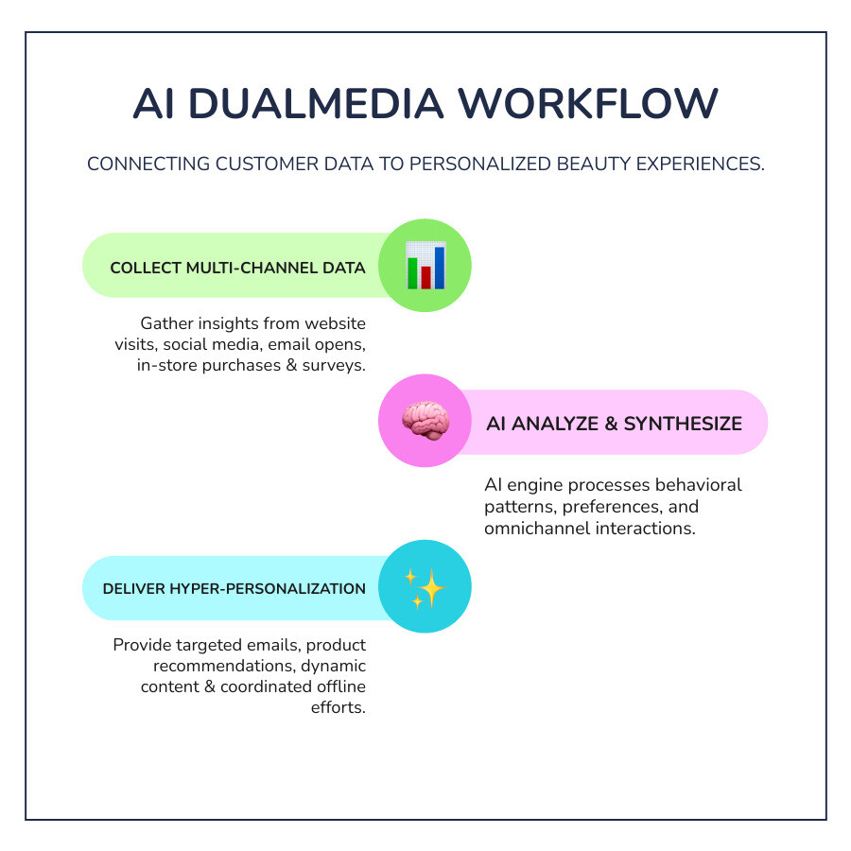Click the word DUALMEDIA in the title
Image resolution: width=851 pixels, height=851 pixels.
point(322,104)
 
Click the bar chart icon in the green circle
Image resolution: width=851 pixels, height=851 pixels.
point(425,266)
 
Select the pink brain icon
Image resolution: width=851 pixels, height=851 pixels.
point(425,422)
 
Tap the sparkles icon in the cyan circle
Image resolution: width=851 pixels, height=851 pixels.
point(425,587)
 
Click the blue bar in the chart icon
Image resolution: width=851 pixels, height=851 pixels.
point(440,268)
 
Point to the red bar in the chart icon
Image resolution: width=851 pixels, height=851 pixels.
point(425,276)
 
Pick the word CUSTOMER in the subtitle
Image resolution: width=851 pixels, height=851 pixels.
point(281,164)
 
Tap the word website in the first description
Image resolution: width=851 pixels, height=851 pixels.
point(332,323)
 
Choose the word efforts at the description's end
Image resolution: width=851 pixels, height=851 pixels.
point(338,707)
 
